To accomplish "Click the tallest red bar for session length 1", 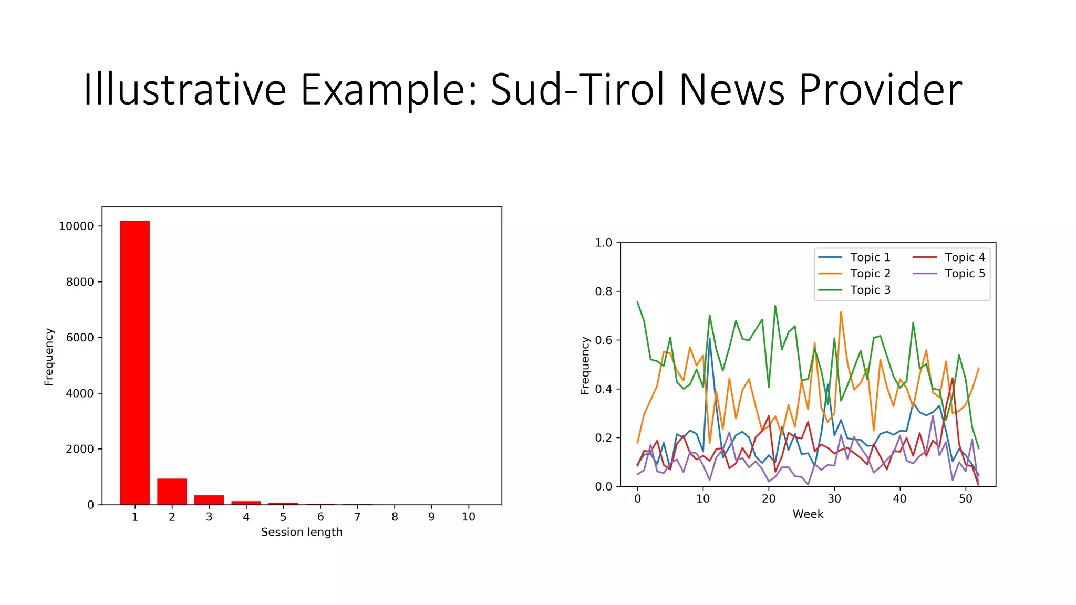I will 135,362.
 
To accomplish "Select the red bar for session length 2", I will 172,492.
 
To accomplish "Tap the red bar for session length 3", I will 209,499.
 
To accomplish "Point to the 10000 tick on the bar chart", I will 76,226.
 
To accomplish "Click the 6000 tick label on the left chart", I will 80,338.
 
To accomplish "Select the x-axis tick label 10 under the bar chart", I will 469,517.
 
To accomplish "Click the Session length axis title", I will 302,533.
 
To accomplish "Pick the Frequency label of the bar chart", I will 49,357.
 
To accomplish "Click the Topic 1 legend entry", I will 870,257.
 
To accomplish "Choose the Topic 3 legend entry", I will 870,290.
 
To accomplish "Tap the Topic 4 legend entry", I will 965,257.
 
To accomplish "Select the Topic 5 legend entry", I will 965,274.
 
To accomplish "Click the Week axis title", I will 808,514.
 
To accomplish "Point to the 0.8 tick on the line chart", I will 604,291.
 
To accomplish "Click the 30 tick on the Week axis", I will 834,499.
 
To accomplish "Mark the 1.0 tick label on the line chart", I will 604,243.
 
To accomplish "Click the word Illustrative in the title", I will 184,90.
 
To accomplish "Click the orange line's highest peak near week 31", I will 841,312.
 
